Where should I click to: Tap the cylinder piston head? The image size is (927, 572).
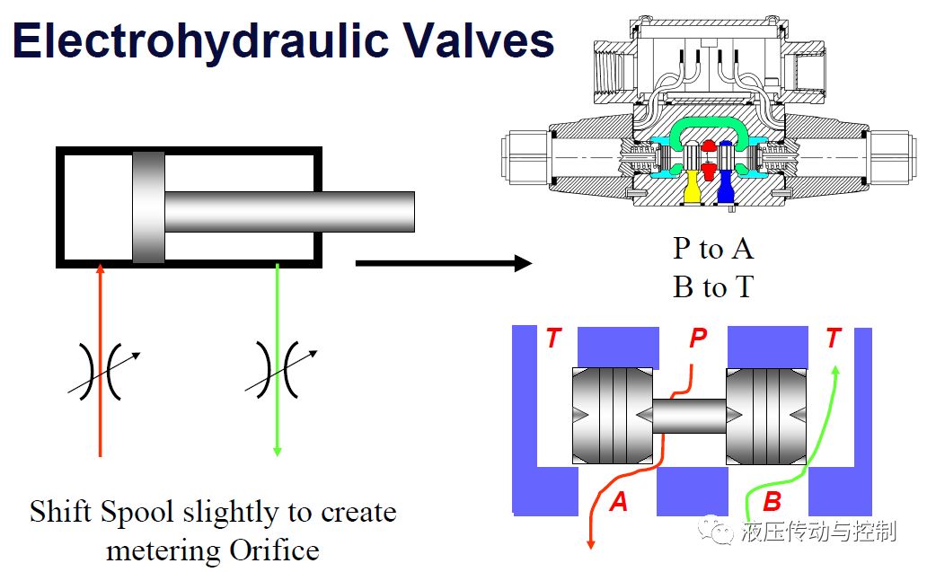coord(148,207)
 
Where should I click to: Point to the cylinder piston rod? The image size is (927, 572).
coord(289,212)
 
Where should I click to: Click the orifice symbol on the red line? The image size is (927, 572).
coord(101,371)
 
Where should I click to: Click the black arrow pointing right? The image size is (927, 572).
coord(444,263)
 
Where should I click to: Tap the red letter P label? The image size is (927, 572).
coord(698,338)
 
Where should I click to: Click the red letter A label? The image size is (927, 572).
coord(618,502)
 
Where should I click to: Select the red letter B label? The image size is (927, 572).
coord(772,502)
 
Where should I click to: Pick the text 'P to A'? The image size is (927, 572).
coord(713,249)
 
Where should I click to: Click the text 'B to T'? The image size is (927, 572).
coord(713,287)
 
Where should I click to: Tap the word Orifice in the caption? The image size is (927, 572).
coord(274,550)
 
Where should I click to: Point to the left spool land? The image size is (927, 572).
coord(613,416)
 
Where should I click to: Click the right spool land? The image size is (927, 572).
coord(766,416)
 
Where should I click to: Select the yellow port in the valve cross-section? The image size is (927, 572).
coord(691,187)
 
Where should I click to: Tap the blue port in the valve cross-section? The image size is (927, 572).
coord(725,187)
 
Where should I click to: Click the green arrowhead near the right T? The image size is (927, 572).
coord(835,371)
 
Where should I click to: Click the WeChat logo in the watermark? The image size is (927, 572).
coord(715,530)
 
